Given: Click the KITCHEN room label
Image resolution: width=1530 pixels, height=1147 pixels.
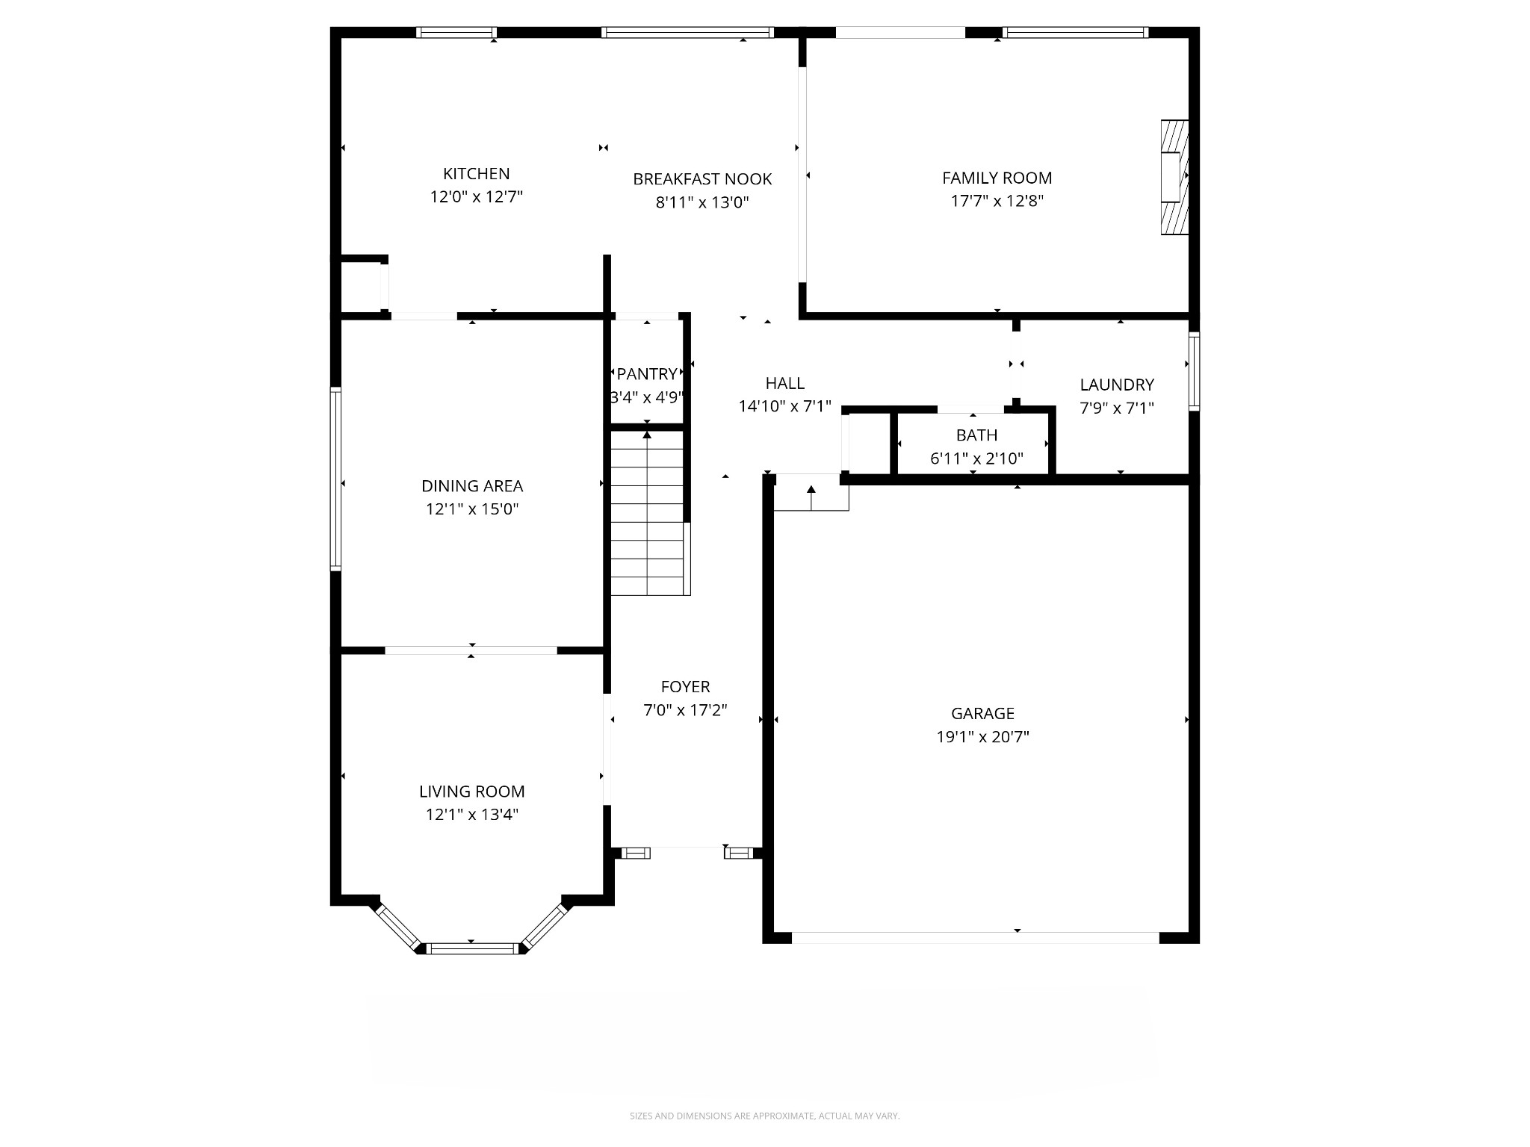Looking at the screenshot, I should pyautogui.click(x=476, y=174).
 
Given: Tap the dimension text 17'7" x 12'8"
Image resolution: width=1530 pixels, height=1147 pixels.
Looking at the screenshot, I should pyautogui.click(x=997, y=201).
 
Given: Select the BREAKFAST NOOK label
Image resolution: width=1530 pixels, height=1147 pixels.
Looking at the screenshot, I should pyautogui.click(x=701, y=179).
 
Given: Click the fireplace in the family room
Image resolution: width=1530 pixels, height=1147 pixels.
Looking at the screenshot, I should pyautogui.click(x=1174, y=177).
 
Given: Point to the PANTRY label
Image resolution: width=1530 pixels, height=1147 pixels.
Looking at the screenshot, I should pyautogui.click(x=646, y=373).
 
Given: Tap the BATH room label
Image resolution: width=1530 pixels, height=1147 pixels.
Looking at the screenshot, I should pyautogui.click(x=976, y=435).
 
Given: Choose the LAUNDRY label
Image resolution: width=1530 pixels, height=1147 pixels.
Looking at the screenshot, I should pyautogui.click(x=1116, y=385).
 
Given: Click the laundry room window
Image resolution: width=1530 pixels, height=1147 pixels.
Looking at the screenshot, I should pyautogui.click(x=1194, y=371).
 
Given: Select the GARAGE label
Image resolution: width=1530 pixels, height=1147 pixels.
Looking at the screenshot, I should pyautogui.click(x=982, y=713).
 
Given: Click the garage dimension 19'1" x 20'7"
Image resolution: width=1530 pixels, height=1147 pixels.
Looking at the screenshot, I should pyautogui.click(x=982, y=737).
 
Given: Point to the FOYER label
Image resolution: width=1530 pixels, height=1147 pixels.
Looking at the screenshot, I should pyautogui.click(x=685, y=686).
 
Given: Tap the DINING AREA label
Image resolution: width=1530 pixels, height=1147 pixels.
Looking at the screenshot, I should pyautogui.click(x=471, y=486).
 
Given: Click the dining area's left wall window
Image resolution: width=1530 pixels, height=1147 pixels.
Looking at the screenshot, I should pyautogui.click(x=336, y=479).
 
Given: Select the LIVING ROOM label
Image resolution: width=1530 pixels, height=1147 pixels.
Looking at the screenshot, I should pyautogui.click(x=471, y=792).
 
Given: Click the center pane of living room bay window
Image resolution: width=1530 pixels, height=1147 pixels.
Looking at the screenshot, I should pyautogui.click(x=472, y=948).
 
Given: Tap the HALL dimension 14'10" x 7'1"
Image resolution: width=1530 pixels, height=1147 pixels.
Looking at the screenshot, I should pyautogui.click(x=784, y=407).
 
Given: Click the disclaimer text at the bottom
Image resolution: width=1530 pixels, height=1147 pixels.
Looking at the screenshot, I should pyautogui.click(x=764, y=1116).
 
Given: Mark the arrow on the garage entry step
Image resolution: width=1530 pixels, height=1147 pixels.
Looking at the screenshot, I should pyautogui.click(x=811, y=490).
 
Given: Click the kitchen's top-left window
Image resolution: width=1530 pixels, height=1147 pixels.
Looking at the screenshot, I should pyautogui.click(x=456, y=32).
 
